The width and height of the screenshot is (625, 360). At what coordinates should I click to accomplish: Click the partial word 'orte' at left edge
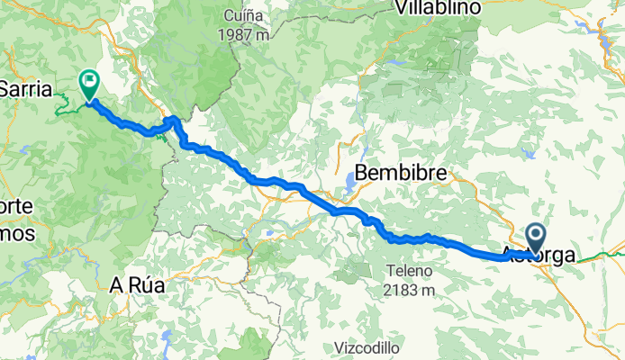coord(16,207)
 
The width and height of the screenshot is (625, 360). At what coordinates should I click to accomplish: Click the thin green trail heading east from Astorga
coord(599,256)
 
